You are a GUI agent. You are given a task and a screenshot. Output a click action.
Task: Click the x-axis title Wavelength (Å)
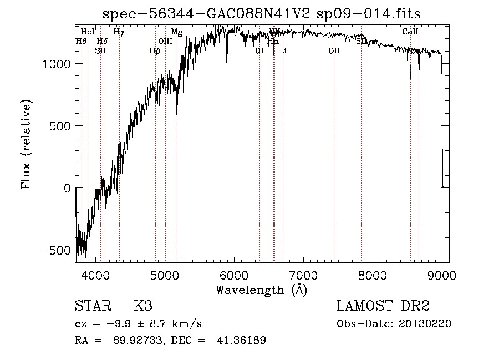[261, 290]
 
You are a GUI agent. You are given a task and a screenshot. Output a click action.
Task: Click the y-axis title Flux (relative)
[27, 144]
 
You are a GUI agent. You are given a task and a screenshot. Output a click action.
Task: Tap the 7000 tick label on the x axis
[303, 275]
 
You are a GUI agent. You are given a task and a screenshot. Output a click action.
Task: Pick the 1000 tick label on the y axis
[57, 64]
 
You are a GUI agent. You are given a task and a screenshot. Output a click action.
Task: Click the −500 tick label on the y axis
[55, 250]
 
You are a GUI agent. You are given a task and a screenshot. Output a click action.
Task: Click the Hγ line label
[119, 32]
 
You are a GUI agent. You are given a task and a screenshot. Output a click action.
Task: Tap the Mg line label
[176, 32]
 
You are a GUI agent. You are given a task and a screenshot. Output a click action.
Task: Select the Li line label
[283, 51]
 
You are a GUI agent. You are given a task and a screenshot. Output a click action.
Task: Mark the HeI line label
[87, 32]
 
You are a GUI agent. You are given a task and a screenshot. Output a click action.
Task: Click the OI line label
[259, 51]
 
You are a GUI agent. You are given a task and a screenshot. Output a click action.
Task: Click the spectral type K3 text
[143, 306]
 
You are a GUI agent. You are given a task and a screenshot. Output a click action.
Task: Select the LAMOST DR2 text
[383, 306]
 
